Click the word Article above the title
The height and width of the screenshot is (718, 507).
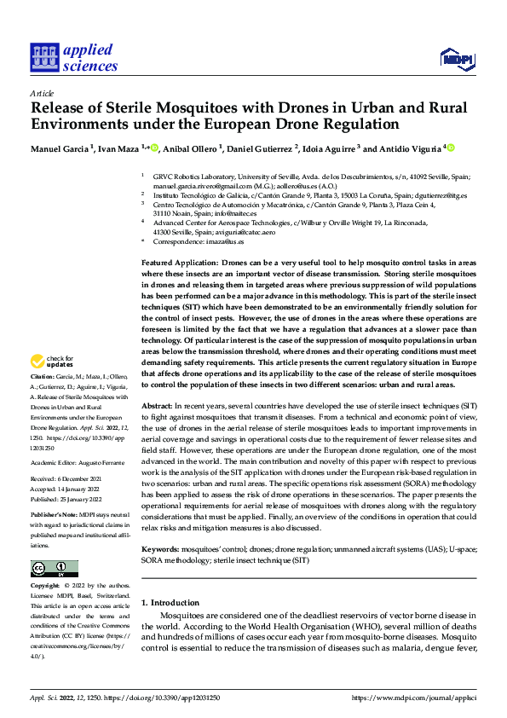point(42,93)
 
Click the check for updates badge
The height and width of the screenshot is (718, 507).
point(53,385)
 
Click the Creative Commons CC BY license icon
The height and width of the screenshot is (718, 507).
point(54,568)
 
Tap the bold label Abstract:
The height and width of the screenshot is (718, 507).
point(158,407)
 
